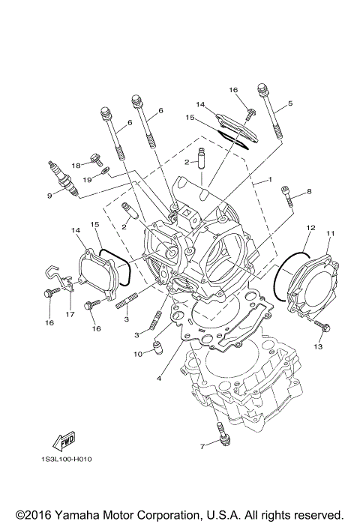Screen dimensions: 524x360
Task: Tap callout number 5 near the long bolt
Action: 290,103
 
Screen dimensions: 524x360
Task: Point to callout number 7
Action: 202,448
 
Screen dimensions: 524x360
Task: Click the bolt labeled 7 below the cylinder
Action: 221,436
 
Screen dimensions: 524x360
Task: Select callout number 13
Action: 318,347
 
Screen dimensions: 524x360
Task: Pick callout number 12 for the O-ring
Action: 309,226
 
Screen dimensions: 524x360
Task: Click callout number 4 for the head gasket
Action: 158,379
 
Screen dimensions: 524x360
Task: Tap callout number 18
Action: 76,165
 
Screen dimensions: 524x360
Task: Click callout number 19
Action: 88,180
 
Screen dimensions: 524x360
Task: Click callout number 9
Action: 49,196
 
